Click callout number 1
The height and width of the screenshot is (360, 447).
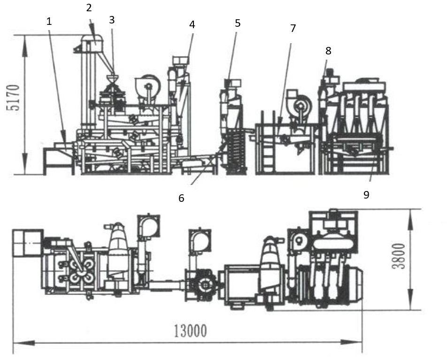50,21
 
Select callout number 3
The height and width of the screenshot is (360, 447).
111,20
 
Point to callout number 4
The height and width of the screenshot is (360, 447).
192,24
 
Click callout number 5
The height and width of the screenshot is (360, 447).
238,23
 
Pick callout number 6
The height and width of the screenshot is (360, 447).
181,198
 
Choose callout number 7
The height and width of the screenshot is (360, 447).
293,28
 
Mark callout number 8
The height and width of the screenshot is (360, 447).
328,51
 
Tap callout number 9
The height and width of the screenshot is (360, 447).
366,195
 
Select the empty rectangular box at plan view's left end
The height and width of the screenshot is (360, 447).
28,243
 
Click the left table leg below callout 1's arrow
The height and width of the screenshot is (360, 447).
46,162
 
